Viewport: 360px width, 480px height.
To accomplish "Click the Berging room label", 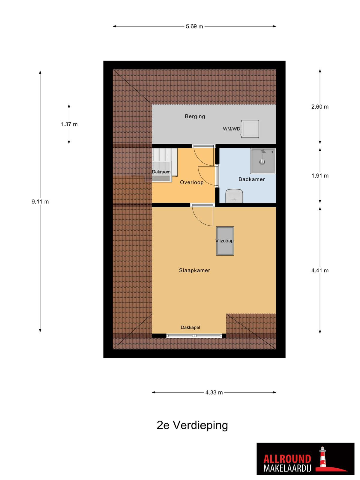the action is click(x=195, y=116).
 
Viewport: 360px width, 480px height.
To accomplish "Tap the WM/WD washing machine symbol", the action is click(x=250, y=129).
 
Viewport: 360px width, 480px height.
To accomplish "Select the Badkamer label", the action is click(x=252, y=179).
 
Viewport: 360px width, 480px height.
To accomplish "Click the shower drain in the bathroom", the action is click(x=262, y=162).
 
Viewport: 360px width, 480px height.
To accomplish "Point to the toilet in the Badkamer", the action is click(x=234, y=196).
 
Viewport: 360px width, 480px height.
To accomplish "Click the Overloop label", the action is click(x=192, y=182).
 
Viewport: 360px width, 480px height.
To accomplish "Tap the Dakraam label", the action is click(x=161, y=172).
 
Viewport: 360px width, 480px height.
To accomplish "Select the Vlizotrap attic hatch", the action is click(x=225, y=241).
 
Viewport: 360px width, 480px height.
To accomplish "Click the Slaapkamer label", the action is click(x=194, y=271).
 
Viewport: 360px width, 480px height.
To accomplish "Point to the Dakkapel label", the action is click(x=190, y=327).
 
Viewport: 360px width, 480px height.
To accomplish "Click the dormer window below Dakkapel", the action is click(x=194, y=335).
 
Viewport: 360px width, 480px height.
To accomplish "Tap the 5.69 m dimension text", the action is click(x=194, y=26).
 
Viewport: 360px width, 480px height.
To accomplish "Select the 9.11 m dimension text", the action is click(x=40, y=202).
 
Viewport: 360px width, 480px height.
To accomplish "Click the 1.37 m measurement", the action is click(x=69, y=124).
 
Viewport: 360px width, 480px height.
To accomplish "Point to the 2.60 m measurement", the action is click(x=320, y=107).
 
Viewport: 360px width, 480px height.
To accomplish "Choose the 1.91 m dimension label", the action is click(x=320, y=175).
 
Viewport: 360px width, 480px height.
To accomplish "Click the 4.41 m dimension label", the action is click(x=320, y=271).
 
